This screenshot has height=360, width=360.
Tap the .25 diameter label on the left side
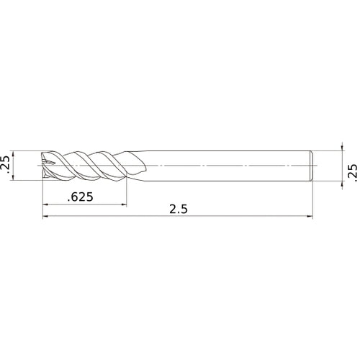point(6,165)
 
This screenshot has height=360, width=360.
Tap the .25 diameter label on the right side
point(352,171)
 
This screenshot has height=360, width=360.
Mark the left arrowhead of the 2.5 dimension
point(46,217)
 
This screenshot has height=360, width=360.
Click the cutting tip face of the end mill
point(45,165)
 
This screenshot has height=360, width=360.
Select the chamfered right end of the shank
point(311,165)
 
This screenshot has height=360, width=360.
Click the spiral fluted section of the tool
point(90,165)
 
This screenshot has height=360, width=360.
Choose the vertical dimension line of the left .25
point(16,165)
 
